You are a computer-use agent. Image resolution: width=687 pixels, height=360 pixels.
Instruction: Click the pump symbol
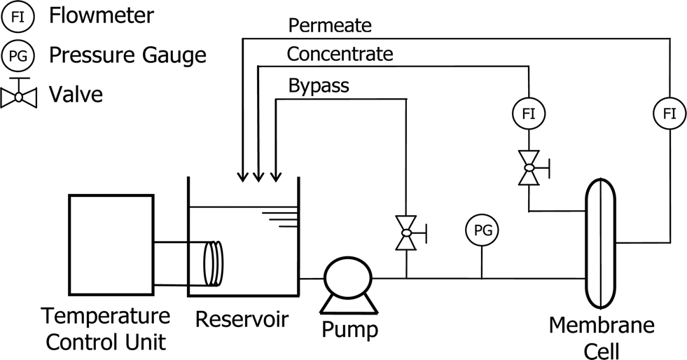tap(348, 277)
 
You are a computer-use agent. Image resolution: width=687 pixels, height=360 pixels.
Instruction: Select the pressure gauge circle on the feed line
tap(482, 230)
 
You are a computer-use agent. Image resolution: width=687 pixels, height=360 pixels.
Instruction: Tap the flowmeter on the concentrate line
tap(529, 114)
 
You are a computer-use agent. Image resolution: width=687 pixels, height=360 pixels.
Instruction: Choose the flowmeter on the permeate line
tap(670, 114)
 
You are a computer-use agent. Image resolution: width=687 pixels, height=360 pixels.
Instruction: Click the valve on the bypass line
tap(407, 233)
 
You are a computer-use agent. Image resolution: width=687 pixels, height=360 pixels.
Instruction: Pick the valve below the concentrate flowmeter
tap(529, 167)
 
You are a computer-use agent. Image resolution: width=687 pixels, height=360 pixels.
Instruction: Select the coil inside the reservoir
tap(214, 264)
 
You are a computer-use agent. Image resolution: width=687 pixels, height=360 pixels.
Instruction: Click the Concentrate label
tap(340, 54)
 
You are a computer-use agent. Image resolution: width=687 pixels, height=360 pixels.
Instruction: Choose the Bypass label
tap(319, 85)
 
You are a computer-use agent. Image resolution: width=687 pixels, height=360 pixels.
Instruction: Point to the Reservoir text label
tap(242, 319)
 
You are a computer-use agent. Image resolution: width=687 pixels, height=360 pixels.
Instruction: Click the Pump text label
tap(349, 329)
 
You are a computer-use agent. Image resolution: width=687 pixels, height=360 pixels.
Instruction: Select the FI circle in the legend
tap(18, 17)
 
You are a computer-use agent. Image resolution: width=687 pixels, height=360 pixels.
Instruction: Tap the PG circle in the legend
tap(18, 55)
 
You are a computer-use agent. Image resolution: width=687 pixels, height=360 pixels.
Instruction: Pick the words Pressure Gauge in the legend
tap(127, 55)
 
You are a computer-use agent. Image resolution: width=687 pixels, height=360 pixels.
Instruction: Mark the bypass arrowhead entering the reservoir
tap(276, 176)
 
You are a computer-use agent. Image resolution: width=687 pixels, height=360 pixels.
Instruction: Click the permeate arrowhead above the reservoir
tap(242, 176)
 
